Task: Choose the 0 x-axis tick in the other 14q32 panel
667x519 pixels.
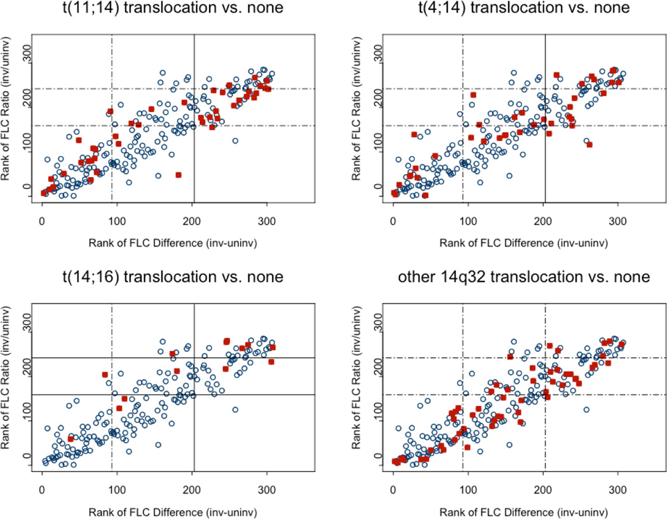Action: coord(393,491)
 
